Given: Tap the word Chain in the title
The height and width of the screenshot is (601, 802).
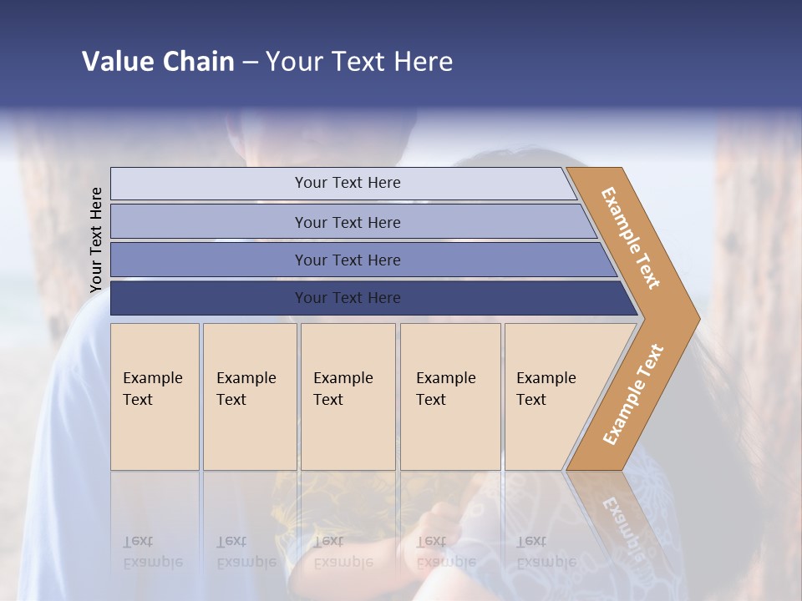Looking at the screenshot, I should click(x=199, y=62).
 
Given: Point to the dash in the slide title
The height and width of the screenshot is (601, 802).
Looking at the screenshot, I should click(x=250, y=63).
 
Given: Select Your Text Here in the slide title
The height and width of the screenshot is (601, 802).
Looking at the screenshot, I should click(x=359, y=62).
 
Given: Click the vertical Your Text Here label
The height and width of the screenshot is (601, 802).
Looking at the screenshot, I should click(x=96, y=240).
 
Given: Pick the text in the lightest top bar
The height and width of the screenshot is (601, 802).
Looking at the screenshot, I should click(x=348, y=183).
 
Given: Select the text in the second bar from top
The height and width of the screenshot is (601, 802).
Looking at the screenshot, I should click(x=348, y=223).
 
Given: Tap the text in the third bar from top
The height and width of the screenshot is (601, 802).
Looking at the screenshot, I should click(x=348, y=260).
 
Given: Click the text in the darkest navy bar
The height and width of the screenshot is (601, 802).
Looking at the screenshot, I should click(x=348, y=298).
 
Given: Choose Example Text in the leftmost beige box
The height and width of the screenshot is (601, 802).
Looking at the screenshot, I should click(x=152, y=389).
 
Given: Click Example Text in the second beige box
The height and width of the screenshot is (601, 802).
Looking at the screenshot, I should click(x=246, y=389).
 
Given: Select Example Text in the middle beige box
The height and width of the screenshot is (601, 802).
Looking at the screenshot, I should click(x=343, y=389).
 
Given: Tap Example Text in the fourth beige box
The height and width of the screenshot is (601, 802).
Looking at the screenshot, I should click(x=445, y=389).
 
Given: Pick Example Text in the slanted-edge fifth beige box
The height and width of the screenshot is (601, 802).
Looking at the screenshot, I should click(x=546, y=389).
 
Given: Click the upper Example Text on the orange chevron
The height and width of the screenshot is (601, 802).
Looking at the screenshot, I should click(x=631, y=238).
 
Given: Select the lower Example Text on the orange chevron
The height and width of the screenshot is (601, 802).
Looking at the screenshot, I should click(x=633, y=394).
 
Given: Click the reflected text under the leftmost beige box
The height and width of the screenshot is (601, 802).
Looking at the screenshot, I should click(x=152, y=552).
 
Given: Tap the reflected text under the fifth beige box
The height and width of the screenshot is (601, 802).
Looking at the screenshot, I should click(x=546, y=552).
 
